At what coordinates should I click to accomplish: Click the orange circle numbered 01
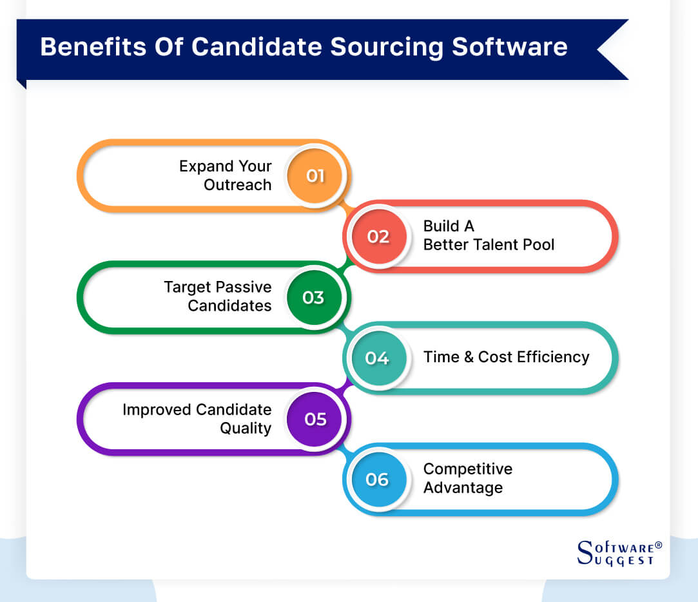315,176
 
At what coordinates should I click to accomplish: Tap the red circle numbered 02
378,237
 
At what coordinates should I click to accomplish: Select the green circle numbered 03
313,298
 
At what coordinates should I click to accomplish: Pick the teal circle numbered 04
377,358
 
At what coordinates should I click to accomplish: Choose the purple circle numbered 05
315,419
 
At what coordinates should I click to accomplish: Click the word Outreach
237,185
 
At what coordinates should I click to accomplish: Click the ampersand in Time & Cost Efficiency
468,357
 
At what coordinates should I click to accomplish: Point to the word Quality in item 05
245,429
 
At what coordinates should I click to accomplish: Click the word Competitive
467,469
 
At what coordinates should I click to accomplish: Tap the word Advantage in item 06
463,488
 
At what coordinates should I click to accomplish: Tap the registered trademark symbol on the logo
658,545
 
